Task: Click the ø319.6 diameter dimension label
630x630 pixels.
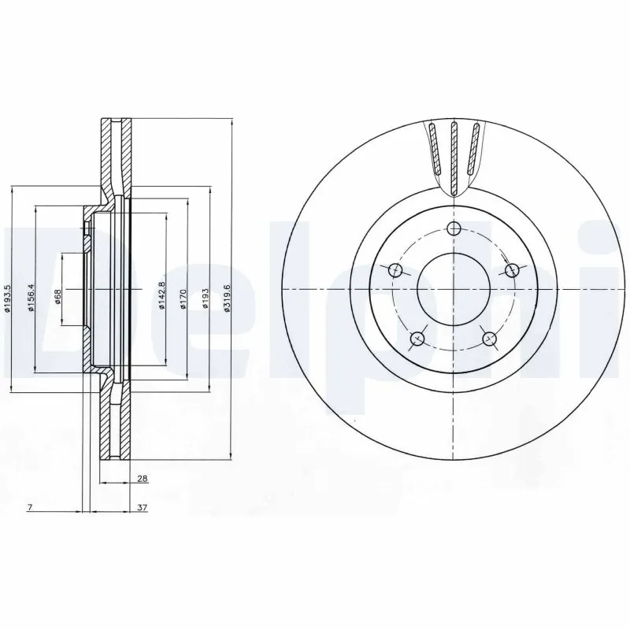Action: (228, 299)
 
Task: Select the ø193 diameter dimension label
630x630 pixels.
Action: (206, 299)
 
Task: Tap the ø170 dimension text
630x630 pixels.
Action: (183, 299)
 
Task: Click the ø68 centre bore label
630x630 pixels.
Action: (57, 296)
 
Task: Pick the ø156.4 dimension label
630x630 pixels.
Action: (31, 297)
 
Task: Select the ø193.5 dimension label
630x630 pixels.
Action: (8, 299)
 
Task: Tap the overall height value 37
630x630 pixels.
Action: (143, 508)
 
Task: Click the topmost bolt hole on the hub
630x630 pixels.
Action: (453, 229)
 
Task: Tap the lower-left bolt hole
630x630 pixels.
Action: (417, 339)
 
